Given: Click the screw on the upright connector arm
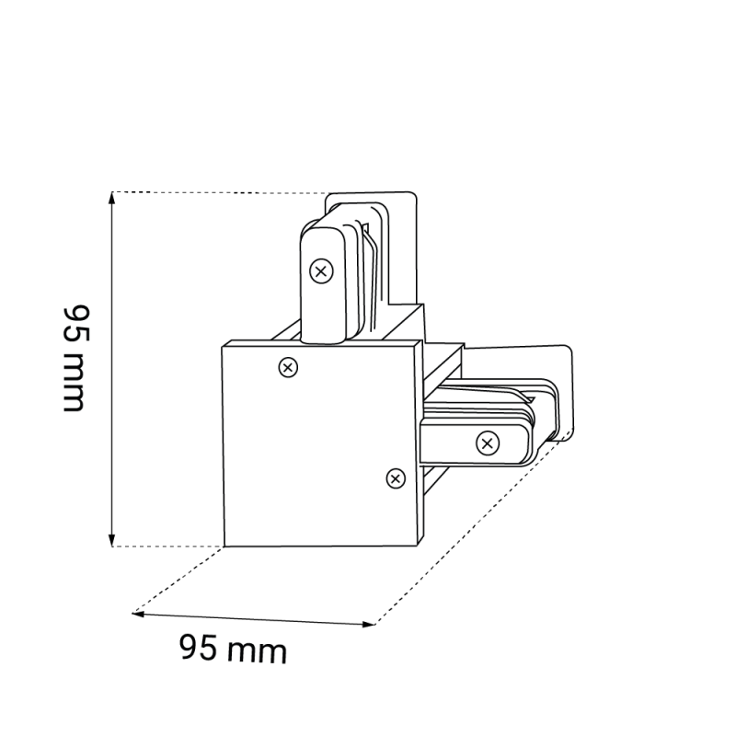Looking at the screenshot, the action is [x=321, y=271].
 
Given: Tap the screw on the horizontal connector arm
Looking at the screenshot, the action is [x=488, y=443].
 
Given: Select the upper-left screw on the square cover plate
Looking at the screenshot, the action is [x=288, y=367].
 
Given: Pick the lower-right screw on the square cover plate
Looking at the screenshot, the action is [x=396, y=478].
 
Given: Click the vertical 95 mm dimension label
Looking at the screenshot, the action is [x=75, y=359].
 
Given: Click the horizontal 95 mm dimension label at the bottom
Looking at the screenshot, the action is [x=233, y=650].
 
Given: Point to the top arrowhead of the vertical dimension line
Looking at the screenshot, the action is [x=111, y=197].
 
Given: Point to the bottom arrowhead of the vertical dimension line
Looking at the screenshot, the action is [x=111, y=541].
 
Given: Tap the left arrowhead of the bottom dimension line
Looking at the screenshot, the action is [x=139, y=614].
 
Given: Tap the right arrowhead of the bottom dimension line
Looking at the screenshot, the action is [x=369, y=625].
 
